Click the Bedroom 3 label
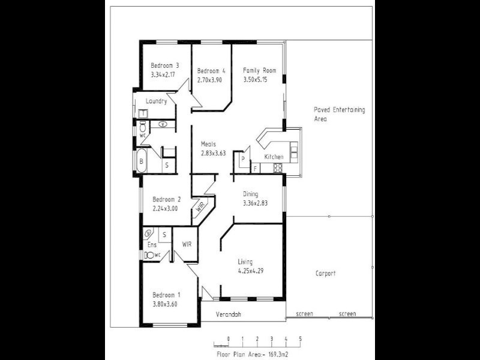(164, 65)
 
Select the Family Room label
(259, 70)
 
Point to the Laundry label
(156, 101)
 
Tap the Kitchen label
(274, 157)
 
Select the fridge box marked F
(255, 169)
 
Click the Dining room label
(250, 194)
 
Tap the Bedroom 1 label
(166, 295)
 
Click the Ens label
(151, 245)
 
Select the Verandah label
(230, 314)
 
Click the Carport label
(325, 274)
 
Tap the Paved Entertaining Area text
(339, 114)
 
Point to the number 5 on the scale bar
(300, 339)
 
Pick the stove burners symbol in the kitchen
(278, 167)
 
